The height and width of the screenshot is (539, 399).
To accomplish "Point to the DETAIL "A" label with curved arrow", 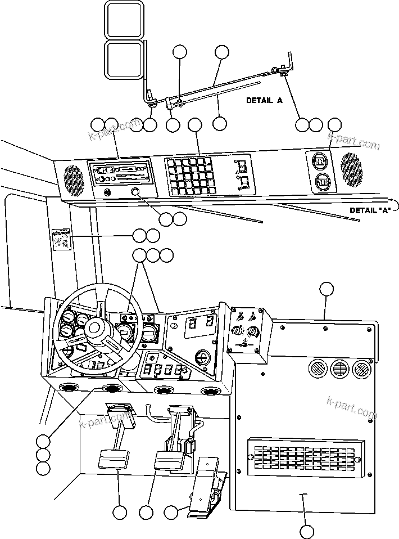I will (368, 210).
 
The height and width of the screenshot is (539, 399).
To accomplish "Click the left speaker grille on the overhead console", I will (73, 178).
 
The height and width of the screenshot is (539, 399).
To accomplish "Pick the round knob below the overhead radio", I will (136, 193).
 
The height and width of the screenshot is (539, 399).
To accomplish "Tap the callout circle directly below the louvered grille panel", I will (306, 531).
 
